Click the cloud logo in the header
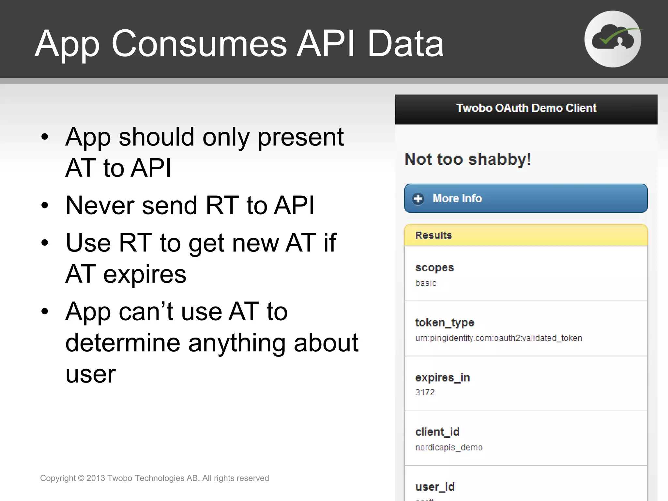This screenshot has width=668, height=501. coord(613,39)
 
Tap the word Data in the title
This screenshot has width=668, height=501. coord(405,43)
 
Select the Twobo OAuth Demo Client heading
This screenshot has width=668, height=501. coord(526,108)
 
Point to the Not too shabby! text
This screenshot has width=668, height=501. coord(468,159)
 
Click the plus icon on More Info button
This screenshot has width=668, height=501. coord(418,199)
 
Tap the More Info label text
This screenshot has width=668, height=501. coord(457,199)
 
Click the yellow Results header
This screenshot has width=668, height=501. coord(526,235)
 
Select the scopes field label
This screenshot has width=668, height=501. coord(434,267)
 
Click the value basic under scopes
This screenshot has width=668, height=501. coord(426,283)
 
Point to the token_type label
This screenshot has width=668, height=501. coord(444,323)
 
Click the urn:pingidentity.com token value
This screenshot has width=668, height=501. coord(498,338)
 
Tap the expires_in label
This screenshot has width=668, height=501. coord(442,377)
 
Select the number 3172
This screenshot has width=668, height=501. coord(425,392)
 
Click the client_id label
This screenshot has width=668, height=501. coord(437,432)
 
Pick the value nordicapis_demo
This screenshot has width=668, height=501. coord(449,447)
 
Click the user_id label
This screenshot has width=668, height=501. coord(435,487)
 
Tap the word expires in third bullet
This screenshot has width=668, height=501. coord(144,274)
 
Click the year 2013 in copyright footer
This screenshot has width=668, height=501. coord(96,478)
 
